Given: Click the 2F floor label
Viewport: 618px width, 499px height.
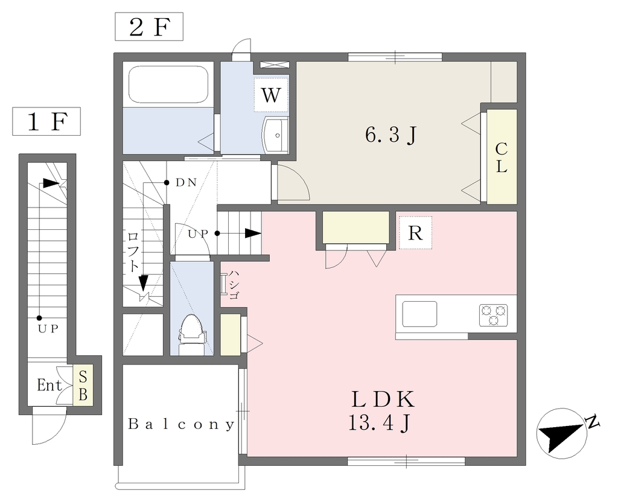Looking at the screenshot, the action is [x=149, y=27].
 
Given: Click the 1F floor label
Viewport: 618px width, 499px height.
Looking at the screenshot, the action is [x=46, y=121].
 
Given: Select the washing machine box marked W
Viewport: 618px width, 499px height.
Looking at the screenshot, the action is [x=271, y=95].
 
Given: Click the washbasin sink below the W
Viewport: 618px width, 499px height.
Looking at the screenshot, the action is [x=276, y=135].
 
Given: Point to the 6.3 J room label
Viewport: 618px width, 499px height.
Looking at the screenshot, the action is [x=390, y=135].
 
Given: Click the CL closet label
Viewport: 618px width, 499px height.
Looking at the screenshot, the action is [x=501, y=157].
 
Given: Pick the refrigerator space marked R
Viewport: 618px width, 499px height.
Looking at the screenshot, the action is [x=415, y=232].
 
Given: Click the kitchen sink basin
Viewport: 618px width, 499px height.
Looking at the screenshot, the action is [x=419, y=314].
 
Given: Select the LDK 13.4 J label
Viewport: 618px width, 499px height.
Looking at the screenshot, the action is [x=381, y=411].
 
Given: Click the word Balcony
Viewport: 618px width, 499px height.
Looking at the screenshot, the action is [x=181, y=424].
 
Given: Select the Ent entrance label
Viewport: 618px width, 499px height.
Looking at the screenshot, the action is [x=49, y=385].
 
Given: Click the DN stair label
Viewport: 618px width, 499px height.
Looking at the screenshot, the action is [x=186, y=182].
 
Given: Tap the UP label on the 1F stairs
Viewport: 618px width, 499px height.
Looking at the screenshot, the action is [x=48, y=329].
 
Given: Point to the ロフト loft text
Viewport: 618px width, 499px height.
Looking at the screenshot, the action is [x=133, y=252].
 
